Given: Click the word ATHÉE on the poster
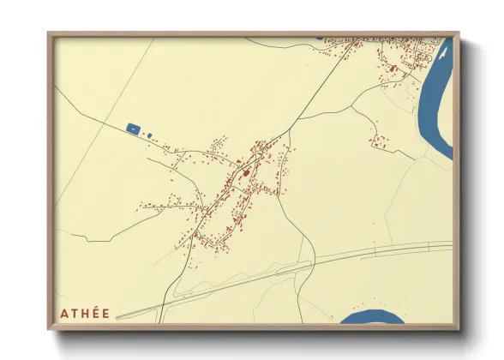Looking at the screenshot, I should click(x=85, y=313).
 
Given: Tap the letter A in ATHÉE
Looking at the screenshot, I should click(x=63, y=313).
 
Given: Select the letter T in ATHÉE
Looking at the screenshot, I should click(x=74, y=313).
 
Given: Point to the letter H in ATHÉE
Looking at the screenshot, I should click(x=85, y=313).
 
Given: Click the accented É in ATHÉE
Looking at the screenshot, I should click(x=96, y=312).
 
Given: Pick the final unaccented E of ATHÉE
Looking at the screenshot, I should click(x=105, y=313).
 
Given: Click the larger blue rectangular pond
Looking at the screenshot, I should click(x=133, y=129).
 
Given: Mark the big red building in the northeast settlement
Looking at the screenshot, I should click(x=392, y=68).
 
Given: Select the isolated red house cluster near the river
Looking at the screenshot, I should click(x=378, y=142).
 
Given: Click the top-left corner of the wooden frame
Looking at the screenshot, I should click(x=48, y=33).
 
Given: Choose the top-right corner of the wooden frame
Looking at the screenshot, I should click(x=459, y=33).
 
